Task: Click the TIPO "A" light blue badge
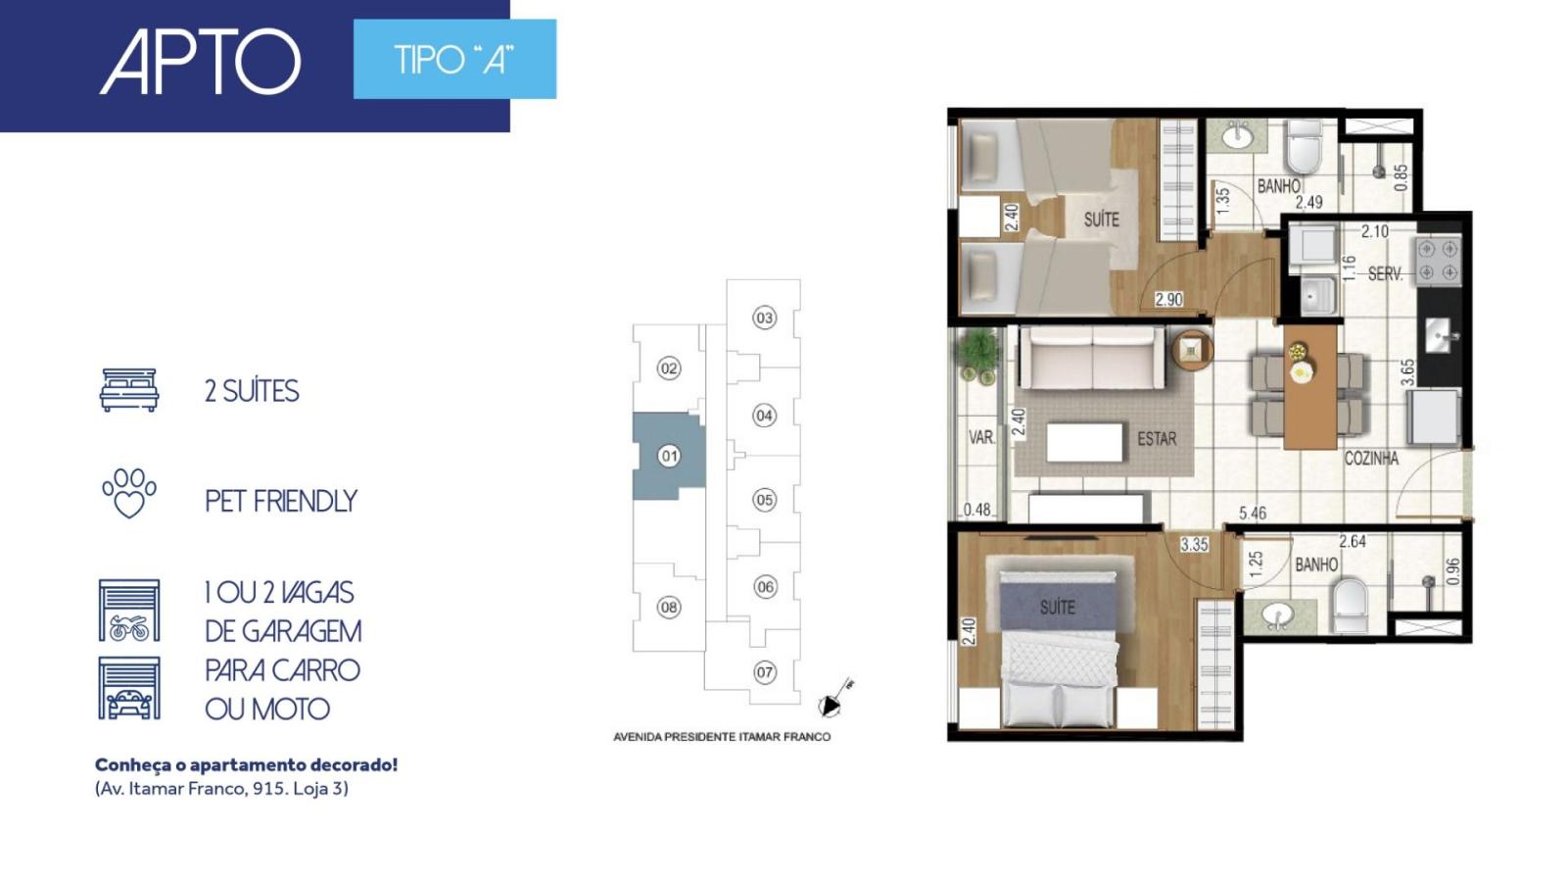coord(454,59)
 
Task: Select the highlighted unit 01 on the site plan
coord(669,456)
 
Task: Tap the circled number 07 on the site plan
coord(765,672)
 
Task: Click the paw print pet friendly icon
coord(129,494)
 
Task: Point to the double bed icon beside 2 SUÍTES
coord(129,390)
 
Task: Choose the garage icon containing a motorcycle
coord(129,611)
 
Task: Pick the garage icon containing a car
coord(129,688)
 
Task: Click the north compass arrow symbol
coord(834,700)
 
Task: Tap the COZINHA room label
coord(1371,459)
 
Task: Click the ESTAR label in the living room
coord(1157,439)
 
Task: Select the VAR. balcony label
coord(981,437)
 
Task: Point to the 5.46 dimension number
coord(1253,514)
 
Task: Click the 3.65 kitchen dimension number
coord(1407,372)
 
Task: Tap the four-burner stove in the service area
coord(1439,261)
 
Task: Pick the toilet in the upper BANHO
coord(1304,147)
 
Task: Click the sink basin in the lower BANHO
coord(1277,616)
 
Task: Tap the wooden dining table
coord(1310,387)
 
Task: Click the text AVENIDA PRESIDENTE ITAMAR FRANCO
coord(722,737)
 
